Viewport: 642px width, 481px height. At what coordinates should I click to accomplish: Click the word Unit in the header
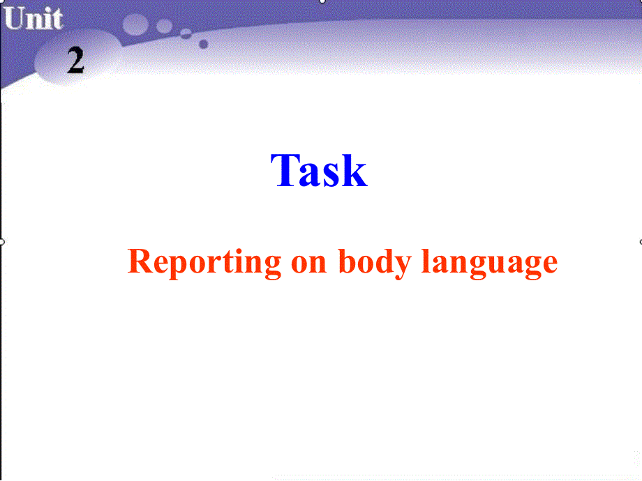point(32,19)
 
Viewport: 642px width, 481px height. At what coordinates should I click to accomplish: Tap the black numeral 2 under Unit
point(75,61)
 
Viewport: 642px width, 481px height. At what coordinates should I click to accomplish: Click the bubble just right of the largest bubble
point(165,26)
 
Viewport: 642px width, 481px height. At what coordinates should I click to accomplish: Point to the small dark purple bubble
point(203,44)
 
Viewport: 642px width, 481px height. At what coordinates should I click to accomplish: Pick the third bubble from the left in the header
point(186,33)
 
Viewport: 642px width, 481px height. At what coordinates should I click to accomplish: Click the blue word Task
point(319,171)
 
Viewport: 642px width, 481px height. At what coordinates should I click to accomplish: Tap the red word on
point(308,263)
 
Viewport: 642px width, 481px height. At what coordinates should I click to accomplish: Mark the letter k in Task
point(354,171)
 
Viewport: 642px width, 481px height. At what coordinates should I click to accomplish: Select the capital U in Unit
point(14,19)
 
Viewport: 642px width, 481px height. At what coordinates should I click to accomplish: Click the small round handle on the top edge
point(322,1)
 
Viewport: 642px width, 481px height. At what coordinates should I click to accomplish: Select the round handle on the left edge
point(2,242)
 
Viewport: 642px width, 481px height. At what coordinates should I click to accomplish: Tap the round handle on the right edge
point(640,242)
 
